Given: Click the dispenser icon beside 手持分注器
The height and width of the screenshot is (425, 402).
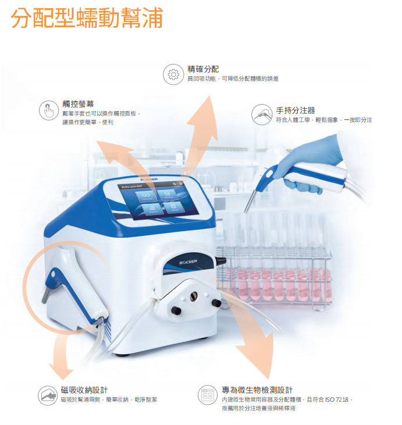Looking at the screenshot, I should (262, 114).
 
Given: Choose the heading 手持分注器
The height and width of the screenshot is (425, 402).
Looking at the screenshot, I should (296, 110).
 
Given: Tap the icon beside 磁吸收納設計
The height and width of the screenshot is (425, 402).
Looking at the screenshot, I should (48, 395).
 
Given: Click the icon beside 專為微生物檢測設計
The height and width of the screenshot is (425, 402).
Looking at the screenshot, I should (207, 395).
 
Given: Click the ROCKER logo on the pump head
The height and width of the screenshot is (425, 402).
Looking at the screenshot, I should (188, 262).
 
